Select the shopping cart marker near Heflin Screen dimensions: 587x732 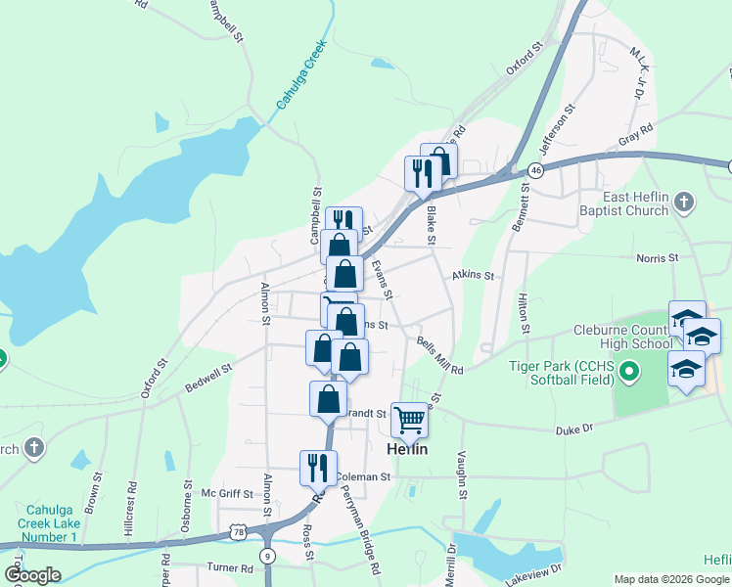click(410, 420)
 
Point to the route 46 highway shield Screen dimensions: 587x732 click(535, 170)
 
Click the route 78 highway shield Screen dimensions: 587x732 click(238, 531)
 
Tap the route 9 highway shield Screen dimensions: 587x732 click(266, 556)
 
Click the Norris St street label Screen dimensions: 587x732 click(658, 257)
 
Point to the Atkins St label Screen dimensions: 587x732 click(473, 277)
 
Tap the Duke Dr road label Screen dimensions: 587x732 click(575, 429)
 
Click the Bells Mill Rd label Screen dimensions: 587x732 click(439, 354)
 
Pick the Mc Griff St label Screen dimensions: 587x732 click(226, 494)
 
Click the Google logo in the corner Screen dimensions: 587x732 click(32, 575)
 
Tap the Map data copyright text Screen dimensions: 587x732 click(671, 579)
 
